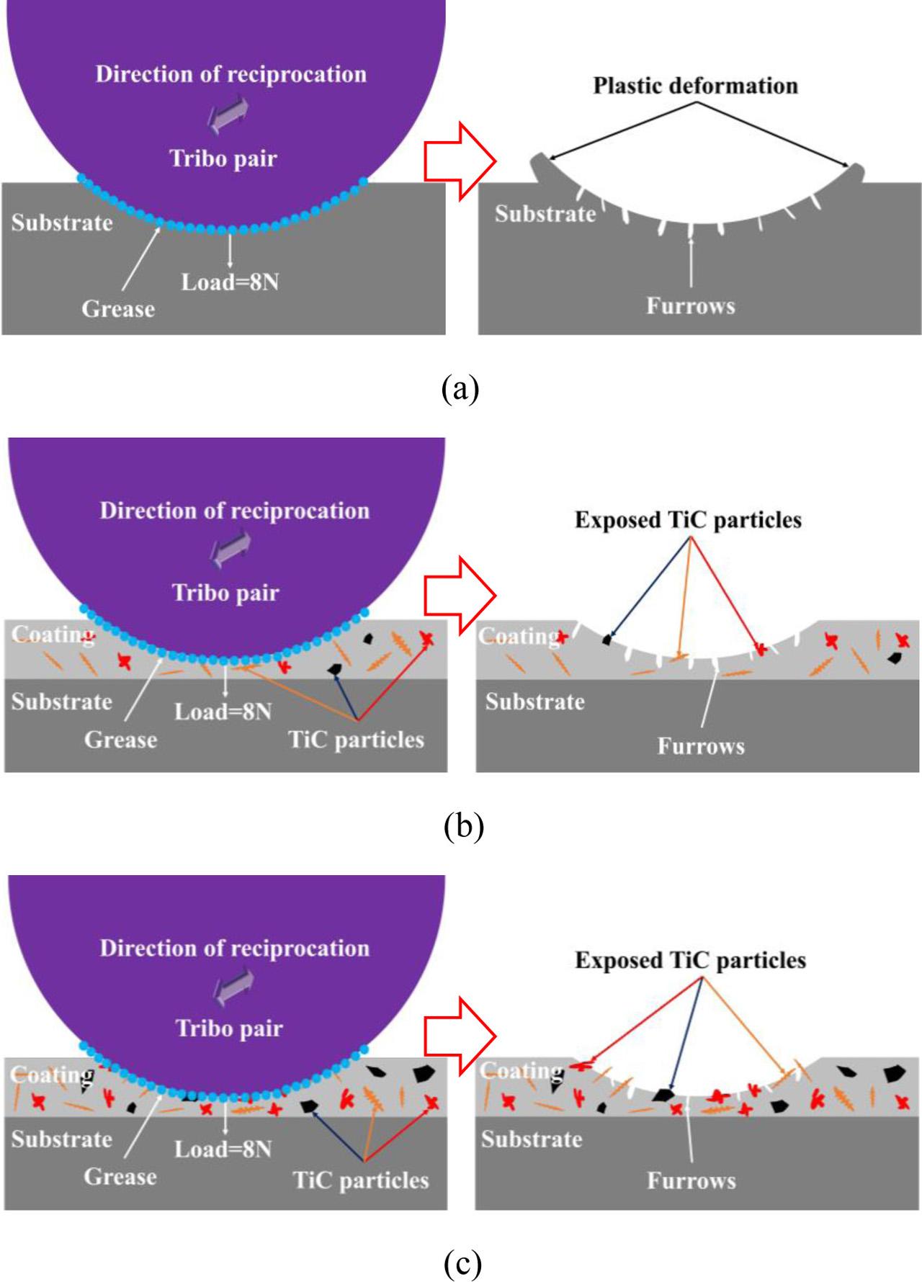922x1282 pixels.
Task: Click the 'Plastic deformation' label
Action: [x=695, y=86]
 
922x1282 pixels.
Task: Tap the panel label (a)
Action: [x=460, y=389]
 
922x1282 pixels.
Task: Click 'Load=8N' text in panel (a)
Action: [x=230, y=282]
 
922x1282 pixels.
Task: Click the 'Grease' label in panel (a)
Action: [x=118, y=309]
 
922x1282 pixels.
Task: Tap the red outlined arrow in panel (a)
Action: [x=460, y=160]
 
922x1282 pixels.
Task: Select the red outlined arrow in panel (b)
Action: [x=460, y=596]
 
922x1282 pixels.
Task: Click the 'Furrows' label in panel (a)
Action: [x=690, y=306]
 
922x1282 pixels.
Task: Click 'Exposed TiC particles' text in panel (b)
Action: [x=688, y=520]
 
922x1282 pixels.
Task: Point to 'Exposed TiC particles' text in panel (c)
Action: [x=690, y=960]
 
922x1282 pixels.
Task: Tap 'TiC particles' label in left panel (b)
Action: [x=357, y=740]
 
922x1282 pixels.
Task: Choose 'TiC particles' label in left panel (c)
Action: [x=360, y=1180]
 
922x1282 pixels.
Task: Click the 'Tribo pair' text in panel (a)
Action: [x=223, y=158]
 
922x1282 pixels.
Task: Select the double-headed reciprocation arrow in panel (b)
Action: [x=230, y=550]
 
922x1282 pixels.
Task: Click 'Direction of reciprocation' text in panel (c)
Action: [x=234, y=948]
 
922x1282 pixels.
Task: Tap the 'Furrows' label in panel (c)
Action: [x=691, y=1180]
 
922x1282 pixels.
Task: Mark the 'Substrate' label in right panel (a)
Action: [x=545, y=214]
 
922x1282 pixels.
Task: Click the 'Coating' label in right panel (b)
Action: [x=517, y=637]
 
